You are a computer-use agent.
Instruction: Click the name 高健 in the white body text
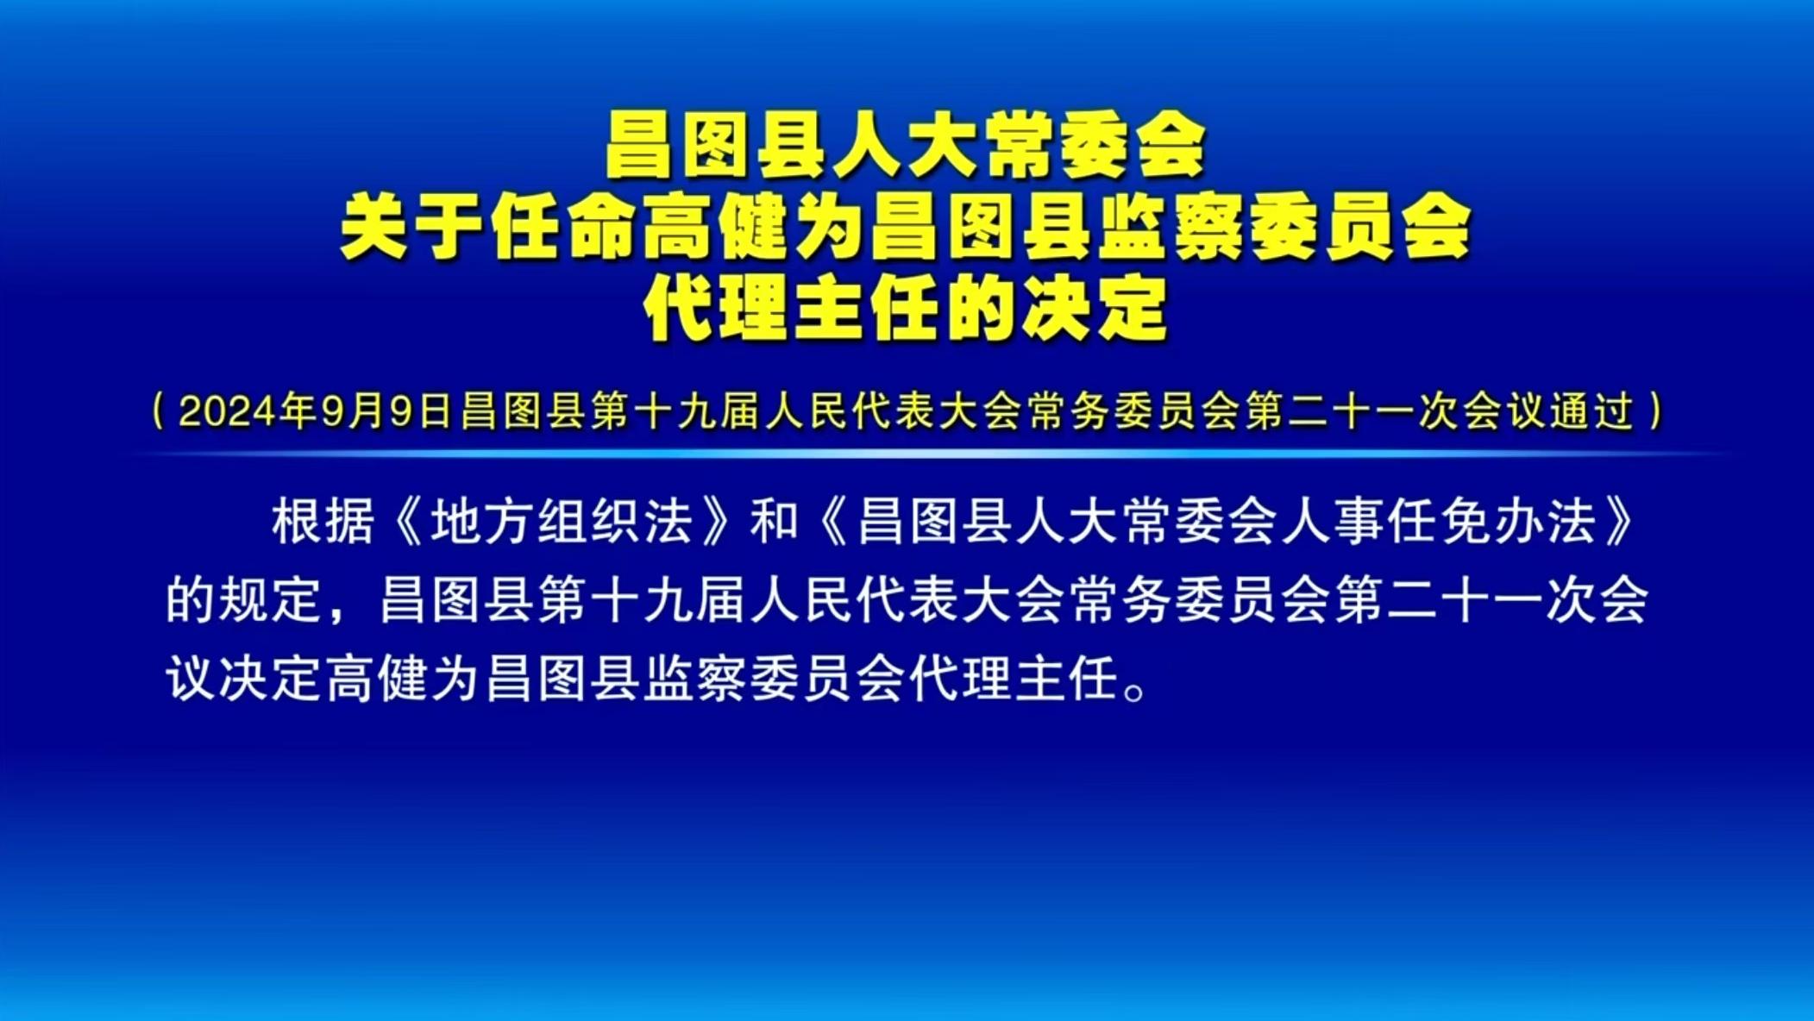pyautogui.click(x=376, y=678)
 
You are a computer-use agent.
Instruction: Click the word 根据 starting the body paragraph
pyautogui.click(x=323, y=522)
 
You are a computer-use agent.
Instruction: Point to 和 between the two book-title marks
pyautogui.click(x=774, y=522)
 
